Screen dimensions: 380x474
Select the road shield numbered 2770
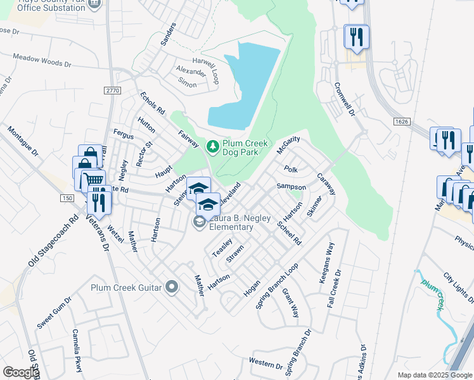(x=113, y=91)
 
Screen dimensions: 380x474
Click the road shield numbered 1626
(x=400, y=121)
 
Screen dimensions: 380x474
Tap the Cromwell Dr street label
(x=344, y=98)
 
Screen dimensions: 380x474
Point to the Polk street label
(x=291, y=169)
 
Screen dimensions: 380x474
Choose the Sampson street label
(x=291, y=187)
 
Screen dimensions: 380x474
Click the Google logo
(x=21, y=372)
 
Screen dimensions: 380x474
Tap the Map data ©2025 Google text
(x=434, y=375)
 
